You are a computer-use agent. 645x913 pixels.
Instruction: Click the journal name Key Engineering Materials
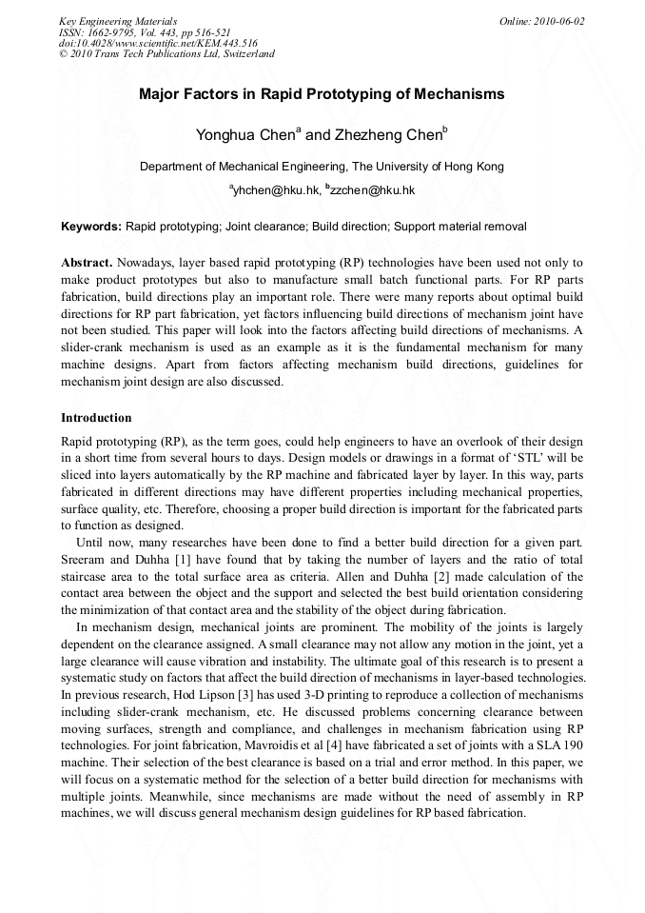(x=118, y=20)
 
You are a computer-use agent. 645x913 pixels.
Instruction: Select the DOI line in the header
(x=158, y=43)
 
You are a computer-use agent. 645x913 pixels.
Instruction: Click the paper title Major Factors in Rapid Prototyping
(x=322, y=94)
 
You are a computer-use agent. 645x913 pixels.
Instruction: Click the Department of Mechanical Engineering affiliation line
(x=322, y=167)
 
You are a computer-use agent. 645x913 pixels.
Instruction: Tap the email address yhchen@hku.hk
(x=276, y=190)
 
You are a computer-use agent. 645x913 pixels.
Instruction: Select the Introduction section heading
(x=96, y=417)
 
